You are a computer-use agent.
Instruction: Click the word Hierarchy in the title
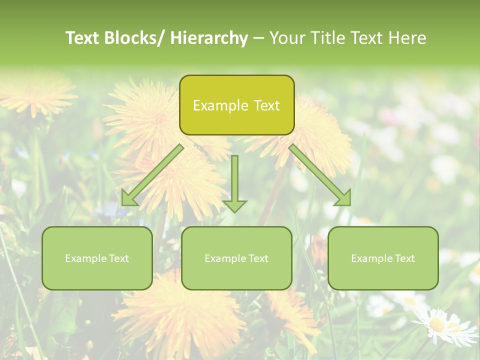(209, 38)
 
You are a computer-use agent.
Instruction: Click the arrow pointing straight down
(234, 182)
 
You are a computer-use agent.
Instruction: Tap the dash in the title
(258, 38)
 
